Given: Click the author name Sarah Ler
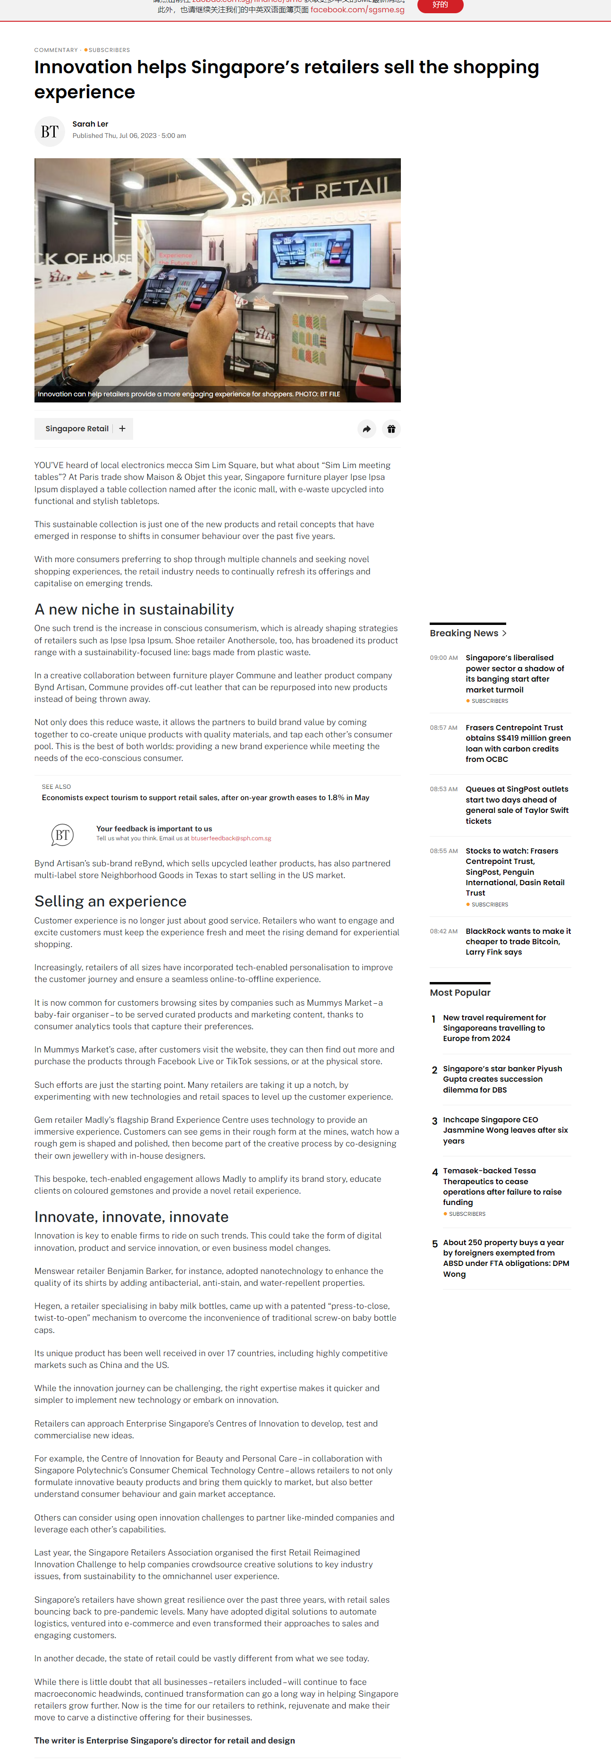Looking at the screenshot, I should pyautogui.click(x=90, y=124).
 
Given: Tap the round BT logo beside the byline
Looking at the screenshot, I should pyautogui.click(x=49, y=131).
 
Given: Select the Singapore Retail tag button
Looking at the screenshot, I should pyautogui.click(x=76, y=428).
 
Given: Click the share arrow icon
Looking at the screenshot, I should pyautogui.click(x=366, y=429).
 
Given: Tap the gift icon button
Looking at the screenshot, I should pyautogui.click(x=391, y=429).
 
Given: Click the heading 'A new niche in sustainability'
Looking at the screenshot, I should pyautogui.click(x=134, y=609).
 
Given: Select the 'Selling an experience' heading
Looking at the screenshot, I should pyautogui.click(x=110, y=901).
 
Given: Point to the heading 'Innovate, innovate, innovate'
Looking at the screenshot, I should pyautogui.click(x=131, y=1216).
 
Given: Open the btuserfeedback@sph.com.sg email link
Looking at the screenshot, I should pyautogui.click(x=231, y=838).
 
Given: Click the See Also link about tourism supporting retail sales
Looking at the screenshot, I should pyautogui.click(x=205, y=797).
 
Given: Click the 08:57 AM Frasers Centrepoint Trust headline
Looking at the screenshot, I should pyautogui.click(x=518, y=743).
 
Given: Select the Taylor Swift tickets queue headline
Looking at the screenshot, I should pyautogui.click(x=517, y=805).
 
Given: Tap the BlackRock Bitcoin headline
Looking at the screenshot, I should pyautogui.click(x=518, y=941).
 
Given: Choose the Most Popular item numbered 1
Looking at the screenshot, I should pyautogui.click(x=494, y=1027).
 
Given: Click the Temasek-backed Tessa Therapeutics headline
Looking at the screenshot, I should pyautogui.click(x=502, y=1186).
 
